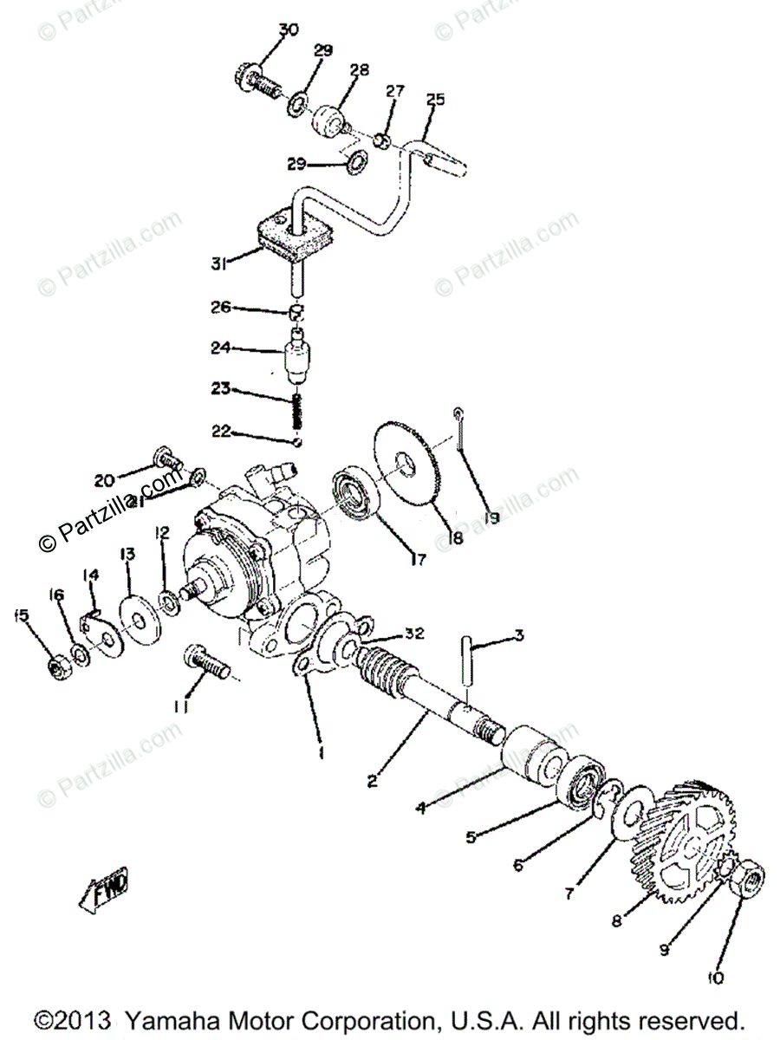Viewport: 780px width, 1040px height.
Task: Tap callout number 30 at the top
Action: click(289, 30)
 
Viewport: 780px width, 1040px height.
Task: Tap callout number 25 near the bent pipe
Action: click(435, 100)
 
